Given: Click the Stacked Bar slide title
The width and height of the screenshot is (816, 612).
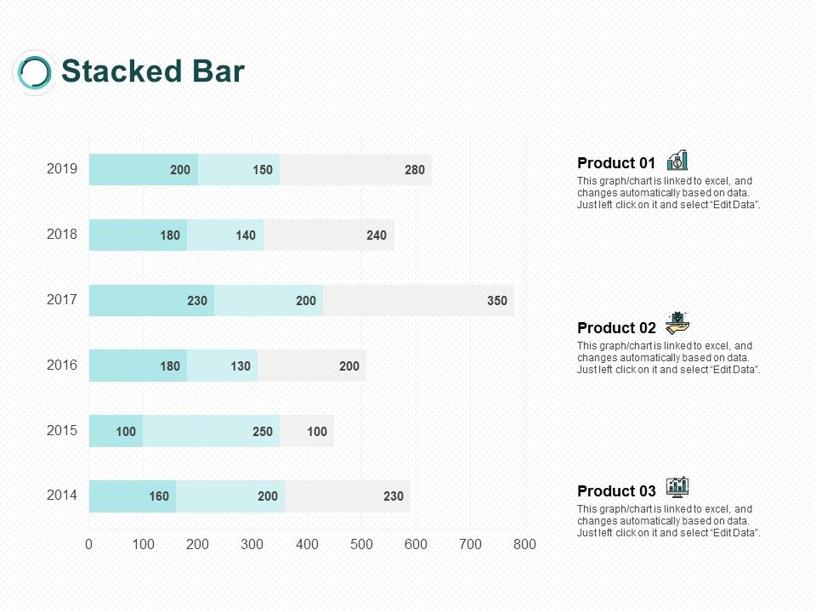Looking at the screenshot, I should click(153, 71).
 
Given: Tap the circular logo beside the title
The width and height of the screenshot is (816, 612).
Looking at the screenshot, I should click(35, 72).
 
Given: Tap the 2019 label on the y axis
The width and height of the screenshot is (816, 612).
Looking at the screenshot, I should click(62, 169).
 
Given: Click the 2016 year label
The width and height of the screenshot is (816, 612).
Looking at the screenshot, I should click(62, 365).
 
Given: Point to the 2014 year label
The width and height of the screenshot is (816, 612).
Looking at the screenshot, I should click(62, 495).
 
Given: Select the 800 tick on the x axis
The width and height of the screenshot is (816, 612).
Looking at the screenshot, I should click(524, 544).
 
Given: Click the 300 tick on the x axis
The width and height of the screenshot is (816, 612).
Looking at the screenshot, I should click(252, 544).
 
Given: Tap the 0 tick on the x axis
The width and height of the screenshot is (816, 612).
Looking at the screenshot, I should click(89, 544).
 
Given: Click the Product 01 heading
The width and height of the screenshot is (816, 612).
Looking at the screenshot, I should click(616, 163).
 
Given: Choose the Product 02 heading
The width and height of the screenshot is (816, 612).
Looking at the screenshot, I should click(616, 328).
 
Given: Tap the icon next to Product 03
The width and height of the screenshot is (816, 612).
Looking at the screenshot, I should click(677, 486).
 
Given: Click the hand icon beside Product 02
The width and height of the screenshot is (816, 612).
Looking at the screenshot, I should click(677, 323).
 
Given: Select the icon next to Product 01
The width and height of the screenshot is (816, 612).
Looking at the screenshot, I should click(677, 160).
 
